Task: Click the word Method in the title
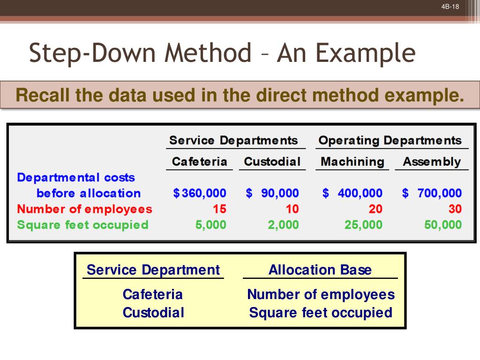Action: pos(209,53)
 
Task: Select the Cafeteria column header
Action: pos(199,162)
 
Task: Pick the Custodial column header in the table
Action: pos(272,162)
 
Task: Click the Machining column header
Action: pos(352,162)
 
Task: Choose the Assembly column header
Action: pos(432,162)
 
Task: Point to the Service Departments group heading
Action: pos(233,140)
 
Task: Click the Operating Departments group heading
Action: pos(390,140)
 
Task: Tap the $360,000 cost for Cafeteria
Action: pos(200,193)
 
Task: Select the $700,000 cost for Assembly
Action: pos(432,193)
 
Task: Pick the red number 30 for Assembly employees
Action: pos(455,209)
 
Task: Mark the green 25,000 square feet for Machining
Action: pos(363,225)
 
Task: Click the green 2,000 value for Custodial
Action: pos(283,225)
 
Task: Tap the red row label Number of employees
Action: pos(84,209)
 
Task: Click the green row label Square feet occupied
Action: pos(82,225)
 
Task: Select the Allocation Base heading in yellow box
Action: pos(320,270)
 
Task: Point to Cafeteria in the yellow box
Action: pos(152,295)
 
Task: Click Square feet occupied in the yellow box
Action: pos(321,313)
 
